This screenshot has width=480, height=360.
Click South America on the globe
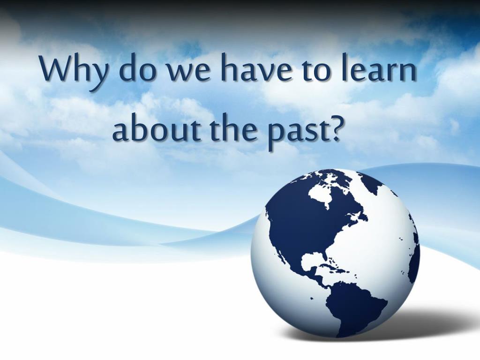[355, 306]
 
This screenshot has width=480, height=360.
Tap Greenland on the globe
[372, 183]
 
